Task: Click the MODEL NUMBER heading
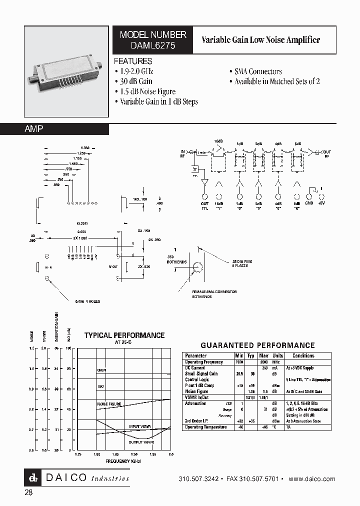pyautogui.click(x=153, y=34)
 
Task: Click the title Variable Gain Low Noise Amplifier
pyautogui.click(x=260, y=40)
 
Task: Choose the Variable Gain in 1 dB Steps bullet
pyautogui.click(x=159, y=101)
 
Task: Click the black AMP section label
pyautogui.click(x=34, y=129)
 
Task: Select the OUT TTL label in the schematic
pyautogui.click(x=204, y=206)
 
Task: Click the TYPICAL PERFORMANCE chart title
pyautogui.click(x=124, y=335)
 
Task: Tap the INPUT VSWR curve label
pyautogui.click(x=139, y=425)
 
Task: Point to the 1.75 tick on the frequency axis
pyautogui.click(x=78, y=454)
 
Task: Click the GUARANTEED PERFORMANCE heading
pyautogui.click(x=257, y=345)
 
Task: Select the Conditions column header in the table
pyautogui.click(x=303, y=356)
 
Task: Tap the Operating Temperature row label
pyautogui.click(x=206, y=427)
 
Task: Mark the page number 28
pyautogui.click(x=29, y=493)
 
